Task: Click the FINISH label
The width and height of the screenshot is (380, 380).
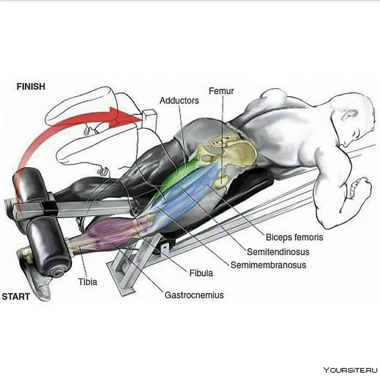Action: (31, 87)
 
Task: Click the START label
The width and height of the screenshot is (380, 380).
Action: (16, 296)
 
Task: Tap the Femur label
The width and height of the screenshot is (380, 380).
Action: (221, 91)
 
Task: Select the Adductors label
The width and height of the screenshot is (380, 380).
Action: (179, 101)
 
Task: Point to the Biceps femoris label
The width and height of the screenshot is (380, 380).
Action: (294, 237)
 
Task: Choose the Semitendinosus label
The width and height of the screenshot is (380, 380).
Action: (278, 252)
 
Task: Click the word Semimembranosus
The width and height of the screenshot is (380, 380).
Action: (268, 265)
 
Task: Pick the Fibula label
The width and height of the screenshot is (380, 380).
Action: (201, 273)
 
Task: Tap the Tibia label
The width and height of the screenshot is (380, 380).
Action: (88, 282)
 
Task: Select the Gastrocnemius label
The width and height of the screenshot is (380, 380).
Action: (194, 295)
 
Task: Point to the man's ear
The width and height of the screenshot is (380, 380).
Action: (350, 114)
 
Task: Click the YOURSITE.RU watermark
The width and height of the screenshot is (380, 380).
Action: (350, 370)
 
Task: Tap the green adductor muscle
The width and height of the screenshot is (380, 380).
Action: (179, 175)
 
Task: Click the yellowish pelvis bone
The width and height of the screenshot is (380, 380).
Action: (230, 155)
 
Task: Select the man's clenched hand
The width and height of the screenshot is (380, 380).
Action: (358, 189)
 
